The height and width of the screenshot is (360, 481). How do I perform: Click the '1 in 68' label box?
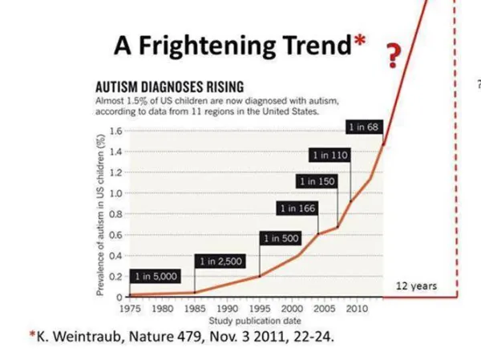tap(362, 127)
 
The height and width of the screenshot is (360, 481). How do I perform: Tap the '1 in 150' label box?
tap(317, 182)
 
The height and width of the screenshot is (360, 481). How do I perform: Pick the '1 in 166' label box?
tap(297, 208)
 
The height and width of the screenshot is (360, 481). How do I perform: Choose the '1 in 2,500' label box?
tap(219, 261)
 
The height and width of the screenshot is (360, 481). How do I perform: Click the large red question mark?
tap(393, 56)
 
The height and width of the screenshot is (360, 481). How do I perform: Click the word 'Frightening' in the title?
tap(207, 46)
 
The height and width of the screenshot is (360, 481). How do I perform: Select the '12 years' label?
tap(416, 286)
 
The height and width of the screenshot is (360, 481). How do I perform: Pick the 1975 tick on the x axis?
tap(129, 308)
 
